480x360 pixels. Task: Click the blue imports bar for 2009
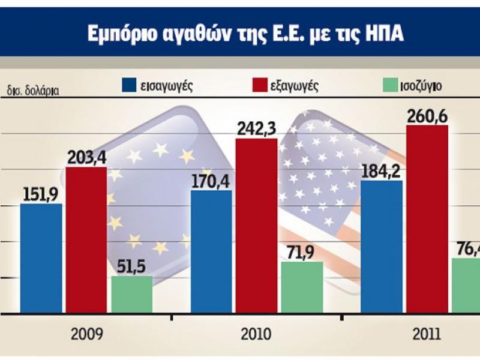pyautogui.click(x=41, y=258)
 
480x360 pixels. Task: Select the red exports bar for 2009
pyautogui.click(x=86, y=240)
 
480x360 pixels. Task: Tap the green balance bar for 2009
pyautogui.click(x=131, y=294)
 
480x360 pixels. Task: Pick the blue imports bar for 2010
pyautogui.click(x=211, y=252)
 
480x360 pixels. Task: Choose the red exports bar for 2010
pyautogui.click(x=256, y=226)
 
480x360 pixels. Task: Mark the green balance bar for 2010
pyautogui.click(x=302, y=287)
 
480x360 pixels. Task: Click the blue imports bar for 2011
pyautogui.click(x=382, y=247)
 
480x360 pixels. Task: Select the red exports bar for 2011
pyautogui.click(x=427, y=219)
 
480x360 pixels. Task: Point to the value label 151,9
pyautogui.click(x=41, y=193)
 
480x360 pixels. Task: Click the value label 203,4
pyautogui.click(x=86, y=158)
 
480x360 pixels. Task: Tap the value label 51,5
pyautogui.click(x=131, y=266)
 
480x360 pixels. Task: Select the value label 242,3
pyautogui.click(x=256, y=129)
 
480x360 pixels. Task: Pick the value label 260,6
pyautogui.click(x=427, y=116)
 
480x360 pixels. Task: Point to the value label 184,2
pyautogui.click(x=382, y=170)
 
